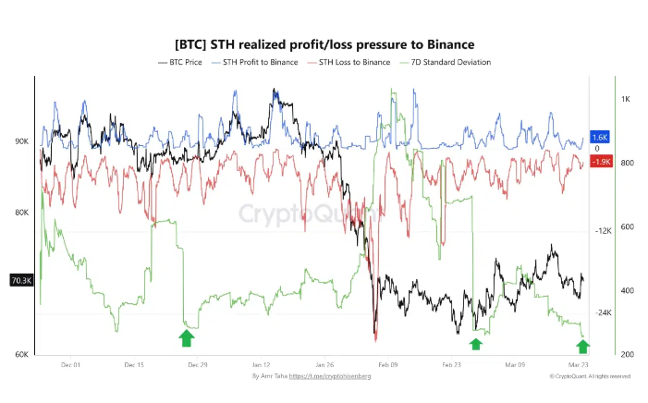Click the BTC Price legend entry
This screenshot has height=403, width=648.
(182, 62)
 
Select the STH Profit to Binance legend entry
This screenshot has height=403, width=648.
(260, 62)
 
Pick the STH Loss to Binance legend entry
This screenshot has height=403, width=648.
(350, 62)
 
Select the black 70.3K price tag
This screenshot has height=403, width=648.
(20, 279)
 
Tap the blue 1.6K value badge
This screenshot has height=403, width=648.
(599, 137)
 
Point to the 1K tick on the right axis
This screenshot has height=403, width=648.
(626, 99)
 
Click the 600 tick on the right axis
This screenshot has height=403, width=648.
(627, 227)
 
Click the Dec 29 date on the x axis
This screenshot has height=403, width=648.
(197, 364)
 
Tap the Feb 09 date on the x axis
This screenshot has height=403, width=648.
(388, 364)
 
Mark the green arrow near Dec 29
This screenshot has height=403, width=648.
(187, 338)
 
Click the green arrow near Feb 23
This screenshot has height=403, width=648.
(475, 344)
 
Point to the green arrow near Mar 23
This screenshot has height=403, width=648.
(581, 346)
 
